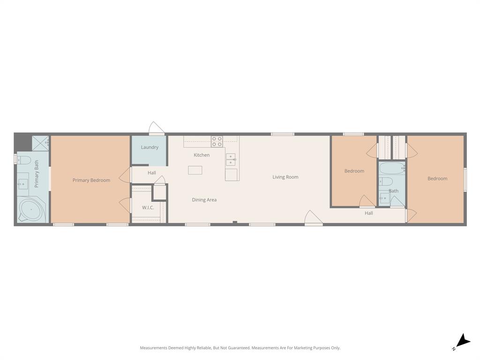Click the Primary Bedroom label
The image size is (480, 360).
(91, 180)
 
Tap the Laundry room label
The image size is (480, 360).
(150, 147)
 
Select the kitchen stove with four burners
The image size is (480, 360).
(217, 141)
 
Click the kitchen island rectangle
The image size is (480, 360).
(195, 170)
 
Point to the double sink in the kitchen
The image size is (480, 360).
(231, 160)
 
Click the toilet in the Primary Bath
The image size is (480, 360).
(24, 160)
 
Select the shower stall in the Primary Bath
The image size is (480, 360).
(41, 143)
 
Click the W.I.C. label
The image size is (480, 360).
(148, 208)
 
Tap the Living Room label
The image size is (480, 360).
(285, 177)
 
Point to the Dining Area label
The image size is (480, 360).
(204, 200)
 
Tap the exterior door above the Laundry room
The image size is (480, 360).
(156, 128)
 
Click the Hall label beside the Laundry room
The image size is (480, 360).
(152, 173)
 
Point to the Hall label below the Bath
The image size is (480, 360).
(369, 213)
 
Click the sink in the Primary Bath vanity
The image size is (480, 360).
(23, 181)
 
